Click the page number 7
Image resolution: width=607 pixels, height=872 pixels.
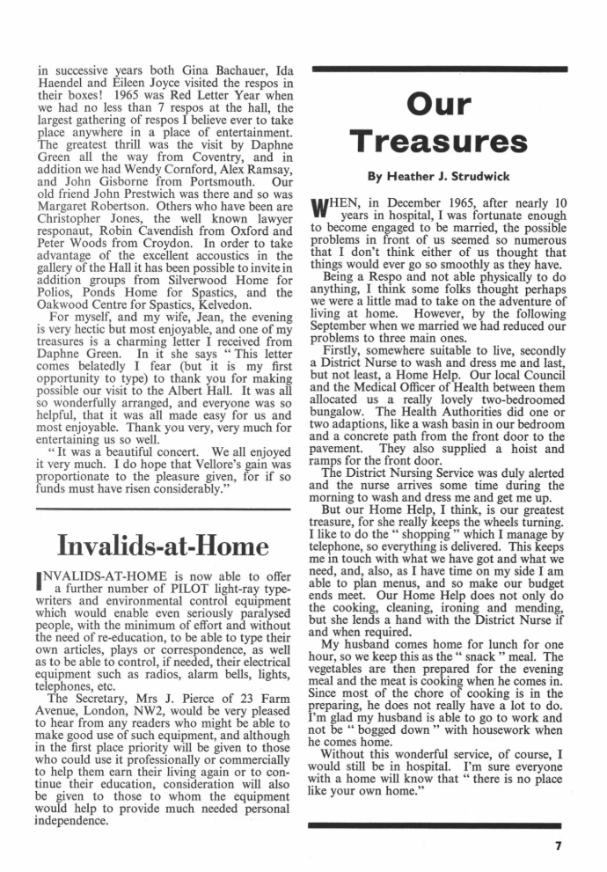click(x=557, y=848)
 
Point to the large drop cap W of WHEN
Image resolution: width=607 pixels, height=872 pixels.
click(x=321, y=211)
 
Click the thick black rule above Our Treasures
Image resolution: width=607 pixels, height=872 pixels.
click(x=437, y=68)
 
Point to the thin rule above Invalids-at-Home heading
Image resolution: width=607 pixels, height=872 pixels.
click(x=163, y=509)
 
